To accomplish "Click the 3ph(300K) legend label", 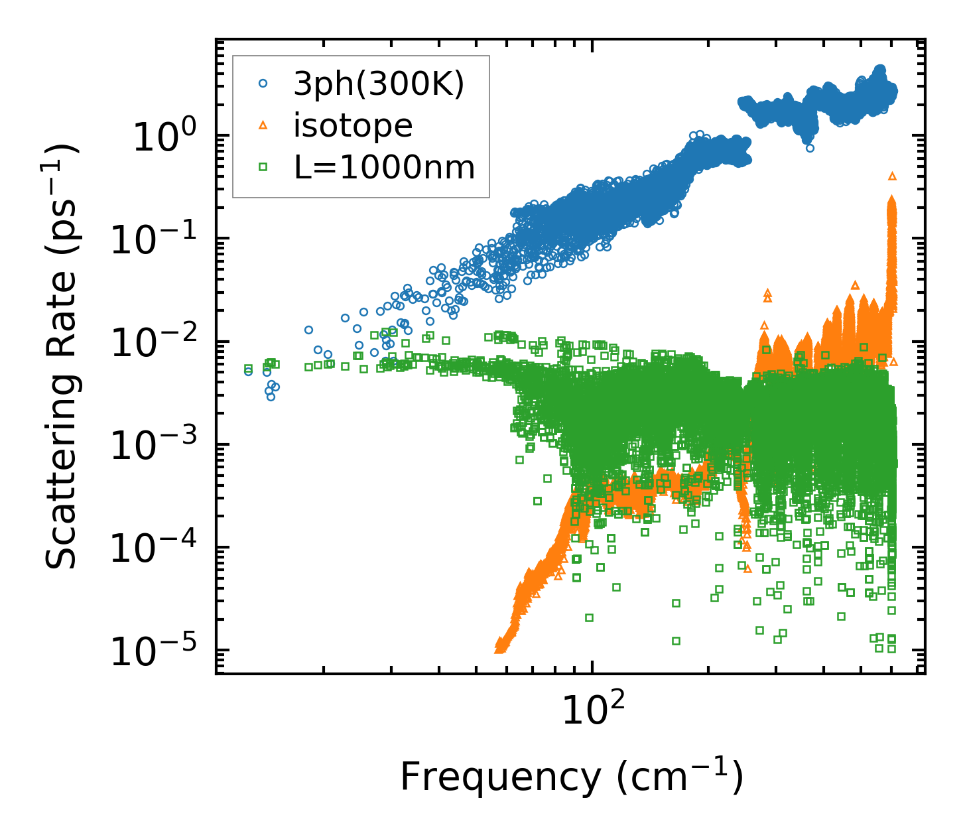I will [379, 84].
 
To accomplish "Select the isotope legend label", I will [353, 126].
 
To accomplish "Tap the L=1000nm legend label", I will [385, 168].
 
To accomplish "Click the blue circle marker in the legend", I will [263, 84].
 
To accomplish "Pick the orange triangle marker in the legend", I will [263, 126].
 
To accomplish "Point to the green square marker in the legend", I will [263, 168].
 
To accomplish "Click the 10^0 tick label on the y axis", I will [162, 139].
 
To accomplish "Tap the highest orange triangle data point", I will [892, 176].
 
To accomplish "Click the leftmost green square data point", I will [248, 368].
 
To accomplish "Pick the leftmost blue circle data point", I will [249, 371].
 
